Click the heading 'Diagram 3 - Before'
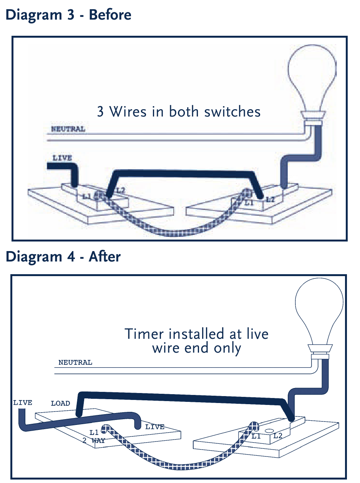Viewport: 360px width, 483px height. tap(68, 15)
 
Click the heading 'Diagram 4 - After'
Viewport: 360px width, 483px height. tap(63, 256)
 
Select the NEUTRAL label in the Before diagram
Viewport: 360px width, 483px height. tap(68, 129)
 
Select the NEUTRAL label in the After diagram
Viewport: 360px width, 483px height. tap(75, 362)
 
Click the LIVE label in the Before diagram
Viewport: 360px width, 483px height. tap(62, 158)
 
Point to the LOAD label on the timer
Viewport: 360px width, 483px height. tap(60, 403)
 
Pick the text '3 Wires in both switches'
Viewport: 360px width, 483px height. tap(179, 112)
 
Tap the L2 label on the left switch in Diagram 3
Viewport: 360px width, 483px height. tap(120, 190)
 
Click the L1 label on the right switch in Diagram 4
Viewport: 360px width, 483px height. tap(257, 436)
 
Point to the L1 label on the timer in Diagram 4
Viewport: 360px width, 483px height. tap(94, 432)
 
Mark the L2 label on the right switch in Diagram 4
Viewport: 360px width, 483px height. tap(278, 436)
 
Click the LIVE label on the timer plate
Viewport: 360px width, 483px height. tap(154, 427)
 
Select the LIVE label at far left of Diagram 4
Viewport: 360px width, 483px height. tap(23, 403)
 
